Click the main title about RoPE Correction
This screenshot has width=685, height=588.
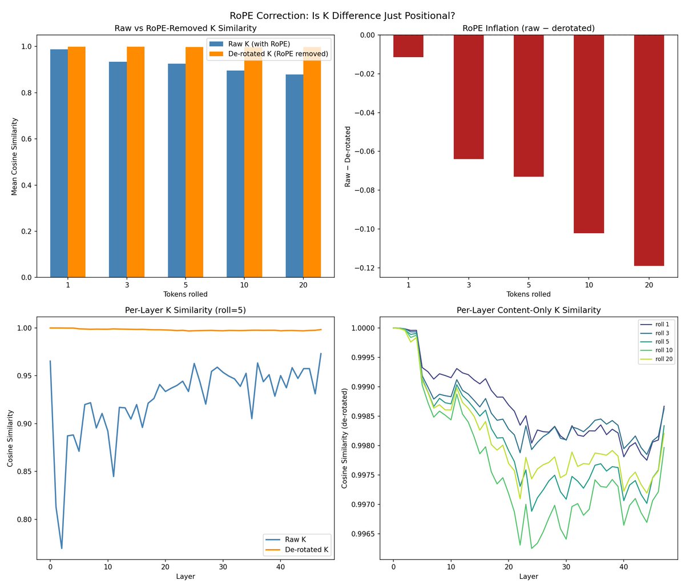[x=342, y=15]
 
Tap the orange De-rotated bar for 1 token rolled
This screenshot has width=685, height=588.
[x=76, y=162]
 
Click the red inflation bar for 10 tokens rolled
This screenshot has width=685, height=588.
[x=589, y=134]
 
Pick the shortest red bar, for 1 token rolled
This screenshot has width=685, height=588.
[x=408, y=46]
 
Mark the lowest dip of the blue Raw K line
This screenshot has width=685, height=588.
[x=62, y=548]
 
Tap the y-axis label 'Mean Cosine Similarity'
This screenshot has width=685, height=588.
[x=14, y=157]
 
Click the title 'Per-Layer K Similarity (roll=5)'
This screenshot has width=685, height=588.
[x=186, y=310]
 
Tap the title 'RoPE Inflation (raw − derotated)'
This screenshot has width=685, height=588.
[x=529, y=28]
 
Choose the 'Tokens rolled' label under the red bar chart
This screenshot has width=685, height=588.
[x=529, y=294]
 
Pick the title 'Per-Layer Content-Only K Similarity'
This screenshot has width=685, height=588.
[x=529, y=310]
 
